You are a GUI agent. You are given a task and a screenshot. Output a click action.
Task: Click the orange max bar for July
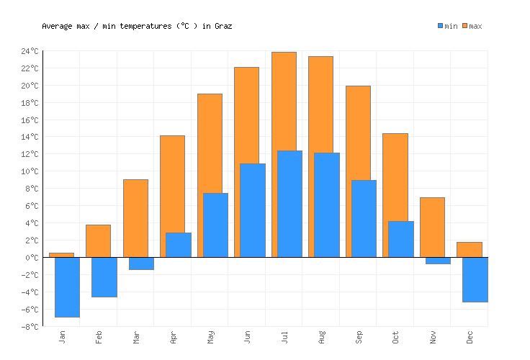[x=284, y=101]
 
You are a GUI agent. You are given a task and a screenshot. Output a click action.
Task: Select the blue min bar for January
[x=67, y=287]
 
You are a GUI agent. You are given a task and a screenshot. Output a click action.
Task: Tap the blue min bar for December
[x=475, y=279]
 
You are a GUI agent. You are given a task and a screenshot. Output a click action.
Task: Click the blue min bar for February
[x=104, y=276]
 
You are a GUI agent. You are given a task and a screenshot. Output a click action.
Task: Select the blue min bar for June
[x=252, y=210]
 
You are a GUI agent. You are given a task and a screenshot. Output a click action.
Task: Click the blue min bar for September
[x=364, y=218]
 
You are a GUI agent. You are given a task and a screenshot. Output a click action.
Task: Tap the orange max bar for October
[x=395, y=176]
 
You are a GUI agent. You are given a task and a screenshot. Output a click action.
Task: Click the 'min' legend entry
[x=447, y=26]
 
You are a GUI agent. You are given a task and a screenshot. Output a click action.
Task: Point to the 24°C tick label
[x=30, y=51]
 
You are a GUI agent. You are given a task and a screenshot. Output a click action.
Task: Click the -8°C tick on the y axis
[x=30, y=326]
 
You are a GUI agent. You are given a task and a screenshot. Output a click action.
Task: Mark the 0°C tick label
[x=32, y=257]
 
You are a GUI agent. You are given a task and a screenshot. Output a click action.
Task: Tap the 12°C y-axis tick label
[x=30, y=154]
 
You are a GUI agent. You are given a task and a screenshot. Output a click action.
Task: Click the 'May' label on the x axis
[x=210, y=338]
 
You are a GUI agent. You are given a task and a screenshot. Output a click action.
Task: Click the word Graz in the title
[x=223, y=26]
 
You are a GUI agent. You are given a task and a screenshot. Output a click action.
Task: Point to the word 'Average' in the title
[x=58, y=26]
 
